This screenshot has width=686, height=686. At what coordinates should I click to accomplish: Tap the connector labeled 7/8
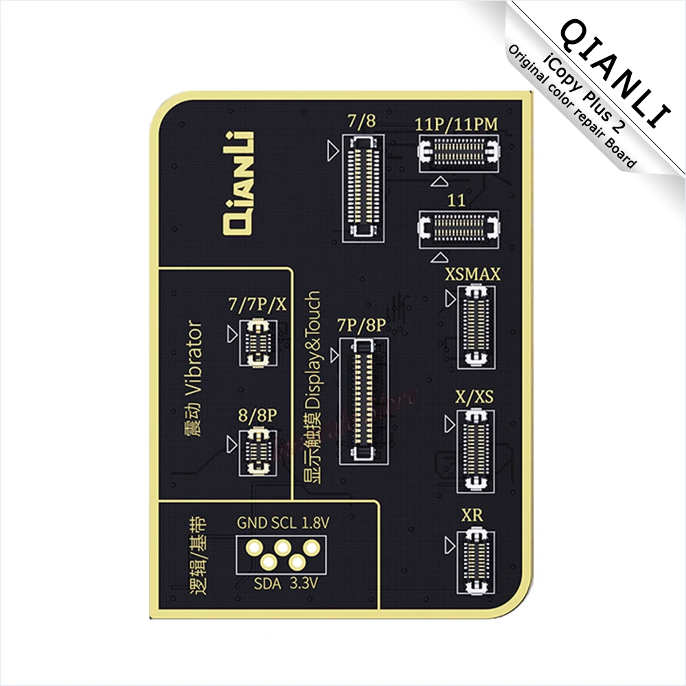364,187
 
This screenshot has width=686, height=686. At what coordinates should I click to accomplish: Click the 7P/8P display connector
363,398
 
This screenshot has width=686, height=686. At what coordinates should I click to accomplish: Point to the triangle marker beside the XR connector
450,545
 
